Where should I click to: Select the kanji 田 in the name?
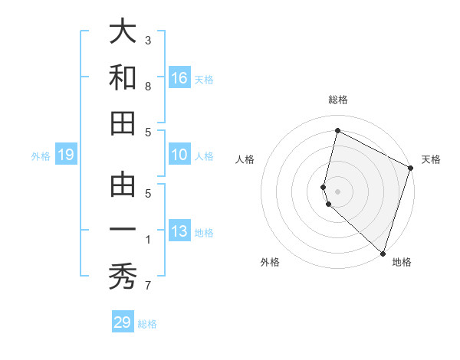[x=123, y=123]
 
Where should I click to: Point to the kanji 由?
[x=123, y=186]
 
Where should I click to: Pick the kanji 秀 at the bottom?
[x=123, y=276]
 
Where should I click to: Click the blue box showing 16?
[x=179, y=77]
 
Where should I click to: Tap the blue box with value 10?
[x=179, y=155]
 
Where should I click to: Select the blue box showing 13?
[x=179, y=231]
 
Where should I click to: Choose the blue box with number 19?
[x=65, y=155]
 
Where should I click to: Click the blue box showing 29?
[x=123, y=322]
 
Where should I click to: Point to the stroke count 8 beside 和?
[x=148, y=87]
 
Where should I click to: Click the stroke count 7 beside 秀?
[x=148, y=286]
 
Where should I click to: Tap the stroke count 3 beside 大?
[x=148, y=40]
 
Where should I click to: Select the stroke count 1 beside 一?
[x=148, y=241]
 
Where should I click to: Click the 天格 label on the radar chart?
[x=431, y=159]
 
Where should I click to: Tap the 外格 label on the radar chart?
[x=269, y=262]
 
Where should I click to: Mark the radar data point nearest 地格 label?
[x=383, y=253]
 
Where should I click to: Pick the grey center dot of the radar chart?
[x=337, y=191]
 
